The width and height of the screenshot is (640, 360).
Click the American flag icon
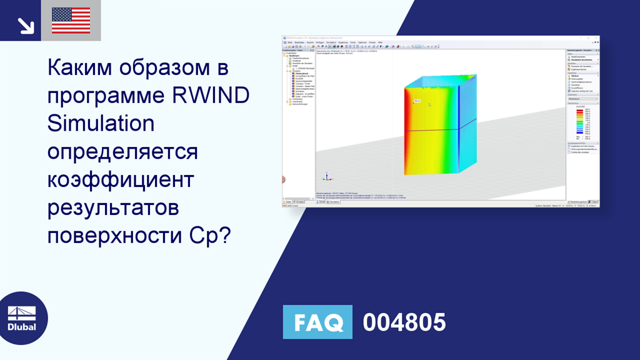(x=71, y=21)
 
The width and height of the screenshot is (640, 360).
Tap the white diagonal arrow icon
(x=25, y=25)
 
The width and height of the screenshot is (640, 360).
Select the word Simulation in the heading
(x=101, y=123)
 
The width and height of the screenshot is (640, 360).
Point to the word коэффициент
(x=121, y=179)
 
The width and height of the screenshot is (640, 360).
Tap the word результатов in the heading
(x=113, y=207)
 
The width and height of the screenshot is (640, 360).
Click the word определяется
(x=122, y=151)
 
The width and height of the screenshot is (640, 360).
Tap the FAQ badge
(x=317, y=322)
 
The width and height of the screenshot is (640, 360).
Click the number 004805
(x=404, y=322)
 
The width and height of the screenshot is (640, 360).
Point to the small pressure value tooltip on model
(x=417, y=100)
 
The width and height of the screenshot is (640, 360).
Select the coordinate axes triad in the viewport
(x=324, y=177)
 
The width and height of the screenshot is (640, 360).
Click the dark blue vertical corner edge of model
(x=459, y=125)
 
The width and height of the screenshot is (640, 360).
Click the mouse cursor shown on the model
(x=429, y=104)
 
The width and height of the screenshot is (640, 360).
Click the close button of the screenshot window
(x=597, y=38)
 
